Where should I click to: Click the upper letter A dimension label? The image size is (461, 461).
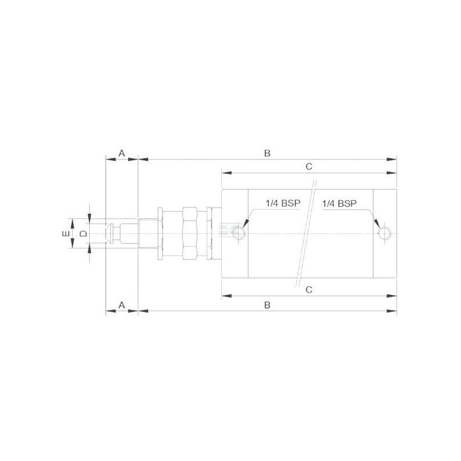(122, 153)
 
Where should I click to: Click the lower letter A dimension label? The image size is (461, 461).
(122, 305)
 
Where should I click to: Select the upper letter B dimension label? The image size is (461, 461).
(267, 153)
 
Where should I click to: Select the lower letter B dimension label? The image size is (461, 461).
(267, 305)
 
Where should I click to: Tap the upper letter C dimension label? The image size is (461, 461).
(309, 167)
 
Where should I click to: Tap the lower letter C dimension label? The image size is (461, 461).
(309, 290)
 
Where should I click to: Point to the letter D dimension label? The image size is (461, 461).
(84, 233)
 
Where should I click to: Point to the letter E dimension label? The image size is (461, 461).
(66, 234)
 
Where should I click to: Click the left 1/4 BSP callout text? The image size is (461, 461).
(283, 203)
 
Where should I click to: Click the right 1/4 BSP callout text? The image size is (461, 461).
(339, 203)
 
